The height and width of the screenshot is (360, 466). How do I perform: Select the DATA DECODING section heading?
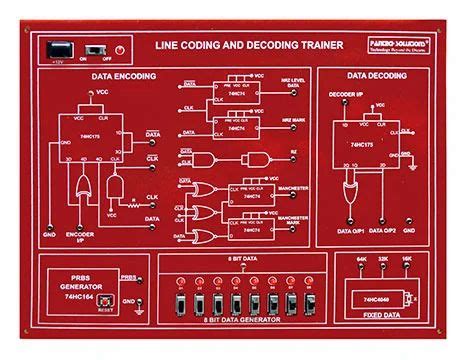tap(377, 75)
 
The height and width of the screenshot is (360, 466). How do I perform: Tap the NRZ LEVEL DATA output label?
tap(292, 85)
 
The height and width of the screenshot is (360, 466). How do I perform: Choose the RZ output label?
tap(293, 152)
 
